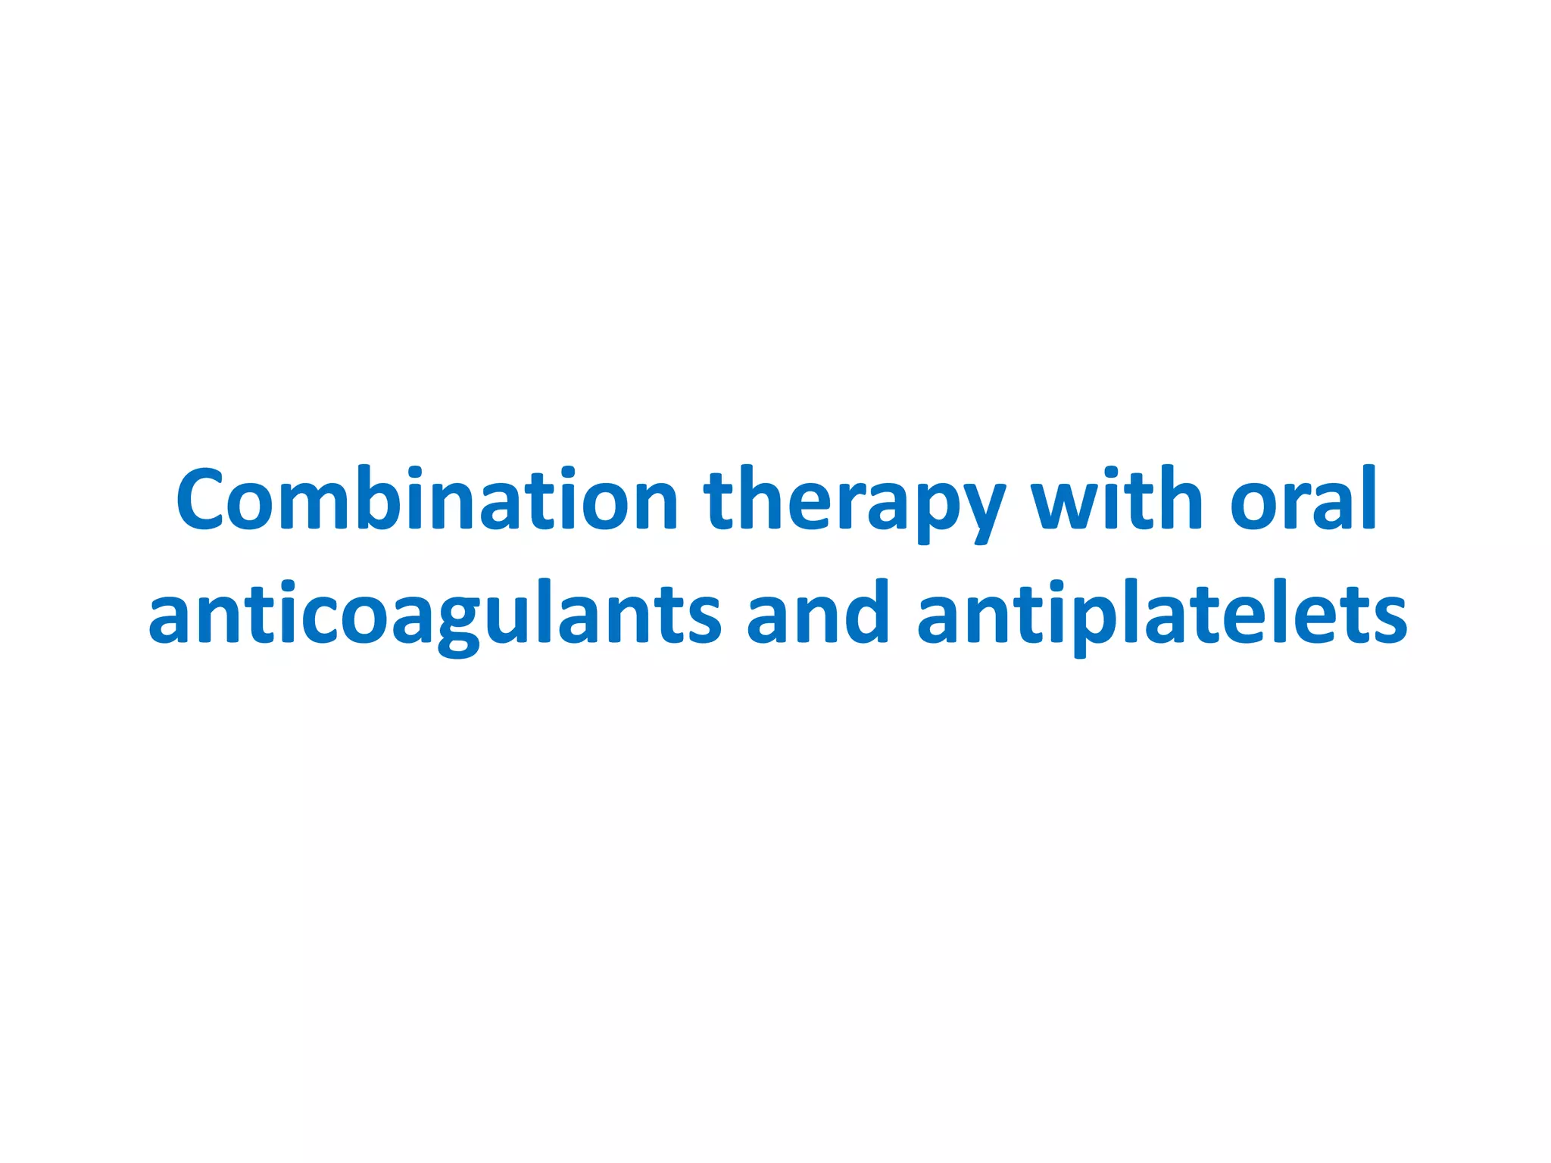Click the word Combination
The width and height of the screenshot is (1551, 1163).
[426, 500]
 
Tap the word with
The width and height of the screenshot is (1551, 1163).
[1117, 500]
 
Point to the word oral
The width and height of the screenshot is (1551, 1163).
[1303, 500]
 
